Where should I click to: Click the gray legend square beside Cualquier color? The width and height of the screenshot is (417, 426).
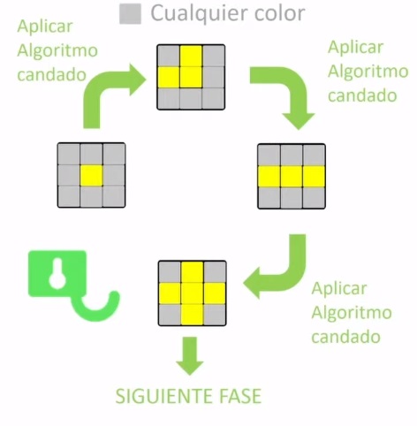pos(132,14)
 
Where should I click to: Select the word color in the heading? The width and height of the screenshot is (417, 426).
pos(278,13)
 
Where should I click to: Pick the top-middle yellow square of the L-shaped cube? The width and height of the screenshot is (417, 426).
pos(191,57)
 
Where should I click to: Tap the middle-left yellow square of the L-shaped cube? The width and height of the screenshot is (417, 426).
pos(169,78)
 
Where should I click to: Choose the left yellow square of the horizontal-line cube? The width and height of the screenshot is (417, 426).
pos(269,175)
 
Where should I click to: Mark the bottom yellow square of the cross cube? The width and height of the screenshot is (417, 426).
pos(191,314)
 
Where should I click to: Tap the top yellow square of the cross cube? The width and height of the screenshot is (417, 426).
pos(191,271)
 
